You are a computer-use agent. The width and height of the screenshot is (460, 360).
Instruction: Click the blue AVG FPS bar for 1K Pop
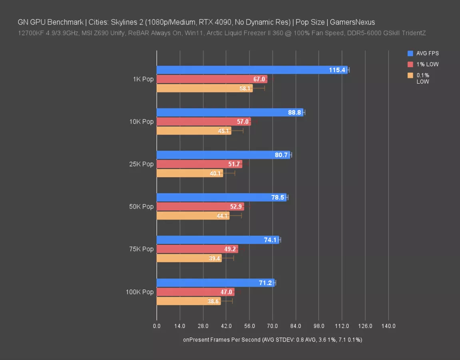(x=252, y=70)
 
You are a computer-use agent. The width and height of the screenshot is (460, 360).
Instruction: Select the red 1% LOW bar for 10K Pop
(x=203, y=122)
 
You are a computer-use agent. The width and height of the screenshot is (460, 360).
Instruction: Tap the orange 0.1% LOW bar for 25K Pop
(x=190, y=173)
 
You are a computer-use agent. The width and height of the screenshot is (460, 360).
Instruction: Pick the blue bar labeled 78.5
(x=221, y=197)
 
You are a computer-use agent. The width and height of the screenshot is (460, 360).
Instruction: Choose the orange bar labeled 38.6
(x=188, y=301)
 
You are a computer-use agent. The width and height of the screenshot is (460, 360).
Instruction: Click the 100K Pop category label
(x=139, y=292)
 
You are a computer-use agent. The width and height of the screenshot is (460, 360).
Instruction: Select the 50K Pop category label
(x=141, y=206)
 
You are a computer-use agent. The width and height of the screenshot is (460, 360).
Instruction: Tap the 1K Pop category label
(x=143, y=79)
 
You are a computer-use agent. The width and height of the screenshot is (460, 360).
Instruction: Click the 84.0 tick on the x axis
(x=296, y=326)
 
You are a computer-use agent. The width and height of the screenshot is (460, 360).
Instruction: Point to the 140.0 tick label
(x=388, y=326)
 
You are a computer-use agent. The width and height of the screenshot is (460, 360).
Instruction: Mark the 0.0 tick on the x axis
(x=157, y=326)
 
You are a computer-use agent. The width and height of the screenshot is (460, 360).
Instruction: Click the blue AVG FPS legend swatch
(x=410, y=53)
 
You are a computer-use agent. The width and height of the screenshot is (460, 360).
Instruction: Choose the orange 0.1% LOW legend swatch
(x=410, y=75)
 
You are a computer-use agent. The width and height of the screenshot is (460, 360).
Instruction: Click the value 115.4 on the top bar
(x=337, y=70)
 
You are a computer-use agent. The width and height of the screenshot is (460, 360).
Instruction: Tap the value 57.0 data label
(x=243, y=122)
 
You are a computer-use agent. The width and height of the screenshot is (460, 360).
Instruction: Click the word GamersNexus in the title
(x=352, y=22)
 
